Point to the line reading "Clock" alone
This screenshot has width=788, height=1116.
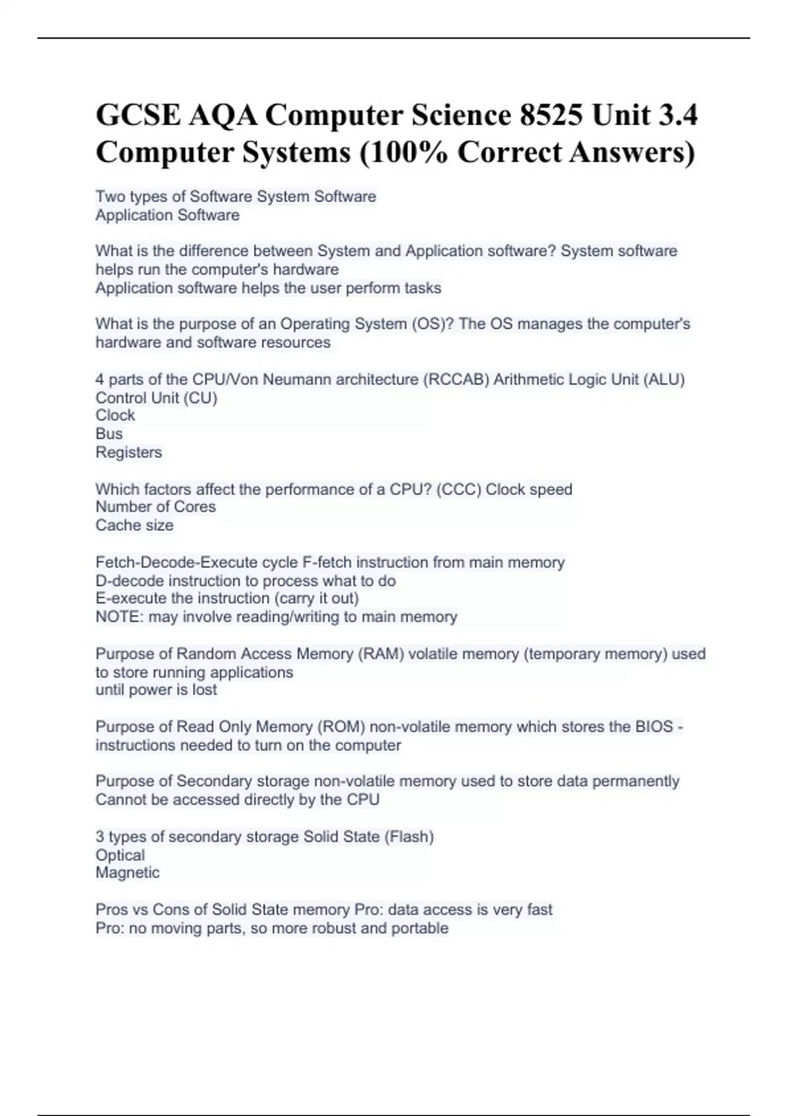click(115, 416)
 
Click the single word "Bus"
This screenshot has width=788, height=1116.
click(109, 434)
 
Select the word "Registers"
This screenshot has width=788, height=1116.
click(129, 452)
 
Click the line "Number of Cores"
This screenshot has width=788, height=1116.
click(156, 507)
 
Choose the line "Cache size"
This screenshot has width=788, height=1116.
click(135, 525)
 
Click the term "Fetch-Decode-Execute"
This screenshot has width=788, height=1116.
click(177, 563)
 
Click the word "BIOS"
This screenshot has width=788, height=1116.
click(653, 727)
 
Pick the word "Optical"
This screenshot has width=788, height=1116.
click(120, 855)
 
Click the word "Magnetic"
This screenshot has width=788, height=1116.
click(127, 873)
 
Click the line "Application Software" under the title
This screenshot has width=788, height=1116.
click(167, 215)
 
